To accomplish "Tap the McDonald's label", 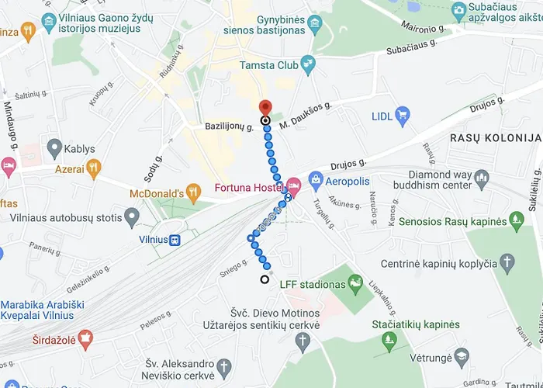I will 155,192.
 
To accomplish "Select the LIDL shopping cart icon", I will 402,116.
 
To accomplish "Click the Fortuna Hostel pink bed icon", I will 293,185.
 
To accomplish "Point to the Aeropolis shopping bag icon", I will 316,180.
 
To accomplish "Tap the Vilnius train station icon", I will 175,240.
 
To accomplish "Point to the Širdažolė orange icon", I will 86,338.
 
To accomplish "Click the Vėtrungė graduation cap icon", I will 462,357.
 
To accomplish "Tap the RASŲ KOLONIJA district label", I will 489,137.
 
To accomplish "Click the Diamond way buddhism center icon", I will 482,180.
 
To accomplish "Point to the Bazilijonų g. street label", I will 229,124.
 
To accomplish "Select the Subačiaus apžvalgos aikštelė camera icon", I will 458,11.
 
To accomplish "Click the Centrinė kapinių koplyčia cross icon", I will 508,263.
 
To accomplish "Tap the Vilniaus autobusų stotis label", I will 66,218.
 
